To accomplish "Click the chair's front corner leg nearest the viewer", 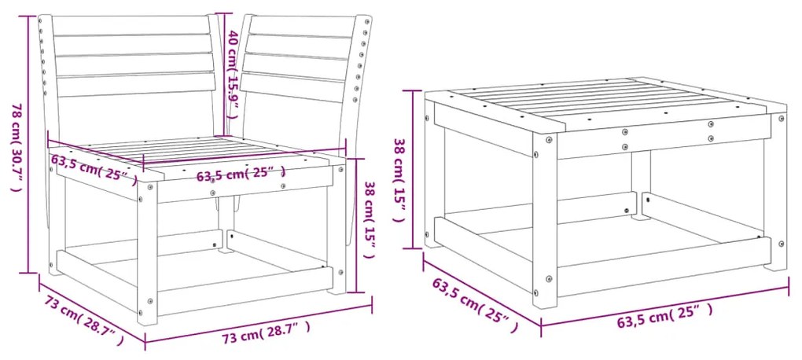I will pyautogui.click(x=147, y=252).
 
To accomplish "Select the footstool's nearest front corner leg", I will pyautogui.click(x=546, y=228).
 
